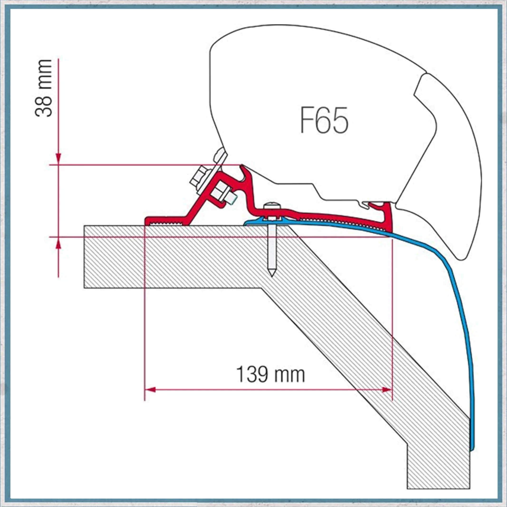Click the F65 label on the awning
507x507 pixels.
click(x=324, y=120)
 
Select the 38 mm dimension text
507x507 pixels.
click(x=43, y=88)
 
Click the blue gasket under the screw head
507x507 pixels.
click(x=268, y=220)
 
